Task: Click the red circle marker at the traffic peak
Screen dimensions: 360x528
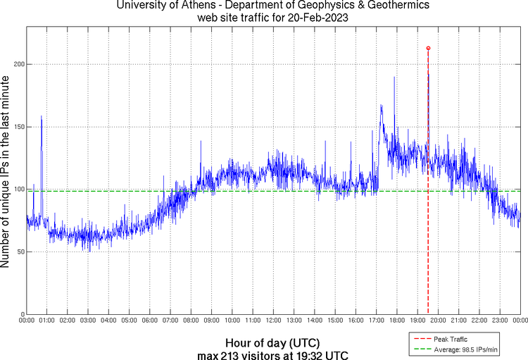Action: click(x=428, y=48)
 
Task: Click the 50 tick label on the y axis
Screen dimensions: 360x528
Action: click(x=20, y=252)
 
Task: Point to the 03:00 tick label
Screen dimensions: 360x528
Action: click(x=88, y=321)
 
